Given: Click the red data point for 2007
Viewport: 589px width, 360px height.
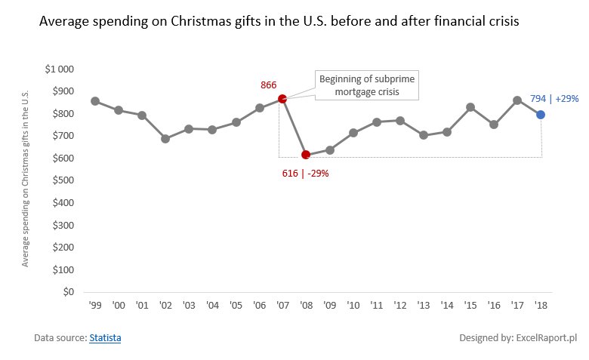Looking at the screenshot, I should coord(282,99).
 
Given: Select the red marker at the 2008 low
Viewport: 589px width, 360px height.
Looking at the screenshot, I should coord(306,155).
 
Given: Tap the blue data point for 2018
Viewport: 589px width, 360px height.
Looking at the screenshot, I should coord(541,115).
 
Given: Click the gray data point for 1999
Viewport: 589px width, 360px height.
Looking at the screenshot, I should coord(95,101).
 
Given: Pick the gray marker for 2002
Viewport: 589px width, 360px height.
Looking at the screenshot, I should coord(165,139).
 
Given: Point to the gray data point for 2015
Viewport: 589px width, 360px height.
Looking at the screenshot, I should coord(470,107).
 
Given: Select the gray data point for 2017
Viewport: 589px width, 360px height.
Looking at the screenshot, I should coord(517,100).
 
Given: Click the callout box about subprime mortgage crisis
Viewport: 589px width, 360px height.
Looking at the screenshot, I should coord(365,85).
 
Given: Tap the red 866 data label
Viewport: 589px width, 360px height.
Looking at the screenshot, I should coord(269,85).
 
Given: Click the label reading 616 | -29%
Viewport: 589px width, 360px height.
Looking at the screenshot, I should coord(306,173).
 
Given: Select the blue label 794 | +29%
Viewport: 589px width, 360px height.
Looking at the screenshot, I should coord(554,98).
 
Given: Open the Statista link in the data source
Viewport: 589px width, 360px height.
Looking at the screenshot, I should coord(105,338).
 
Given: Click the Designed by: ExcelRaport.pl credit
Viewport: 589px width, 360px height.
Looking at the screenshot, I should coord(518,338).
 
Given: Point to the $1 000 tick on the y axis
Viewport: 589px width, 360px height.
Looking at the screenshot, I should coord(60,69).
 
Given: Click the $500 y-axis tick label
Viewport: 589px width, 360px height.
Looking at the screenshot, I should coord(63,180).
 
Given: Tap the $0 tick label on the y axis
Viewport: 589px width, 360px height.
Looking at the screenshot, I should coord(68,292).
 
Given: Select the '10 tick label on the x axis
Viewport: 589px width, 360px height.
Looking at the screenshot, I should coord(353,306).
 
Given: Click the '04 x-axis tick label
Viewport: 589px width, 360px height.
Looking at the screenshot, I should coord(212,306).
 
